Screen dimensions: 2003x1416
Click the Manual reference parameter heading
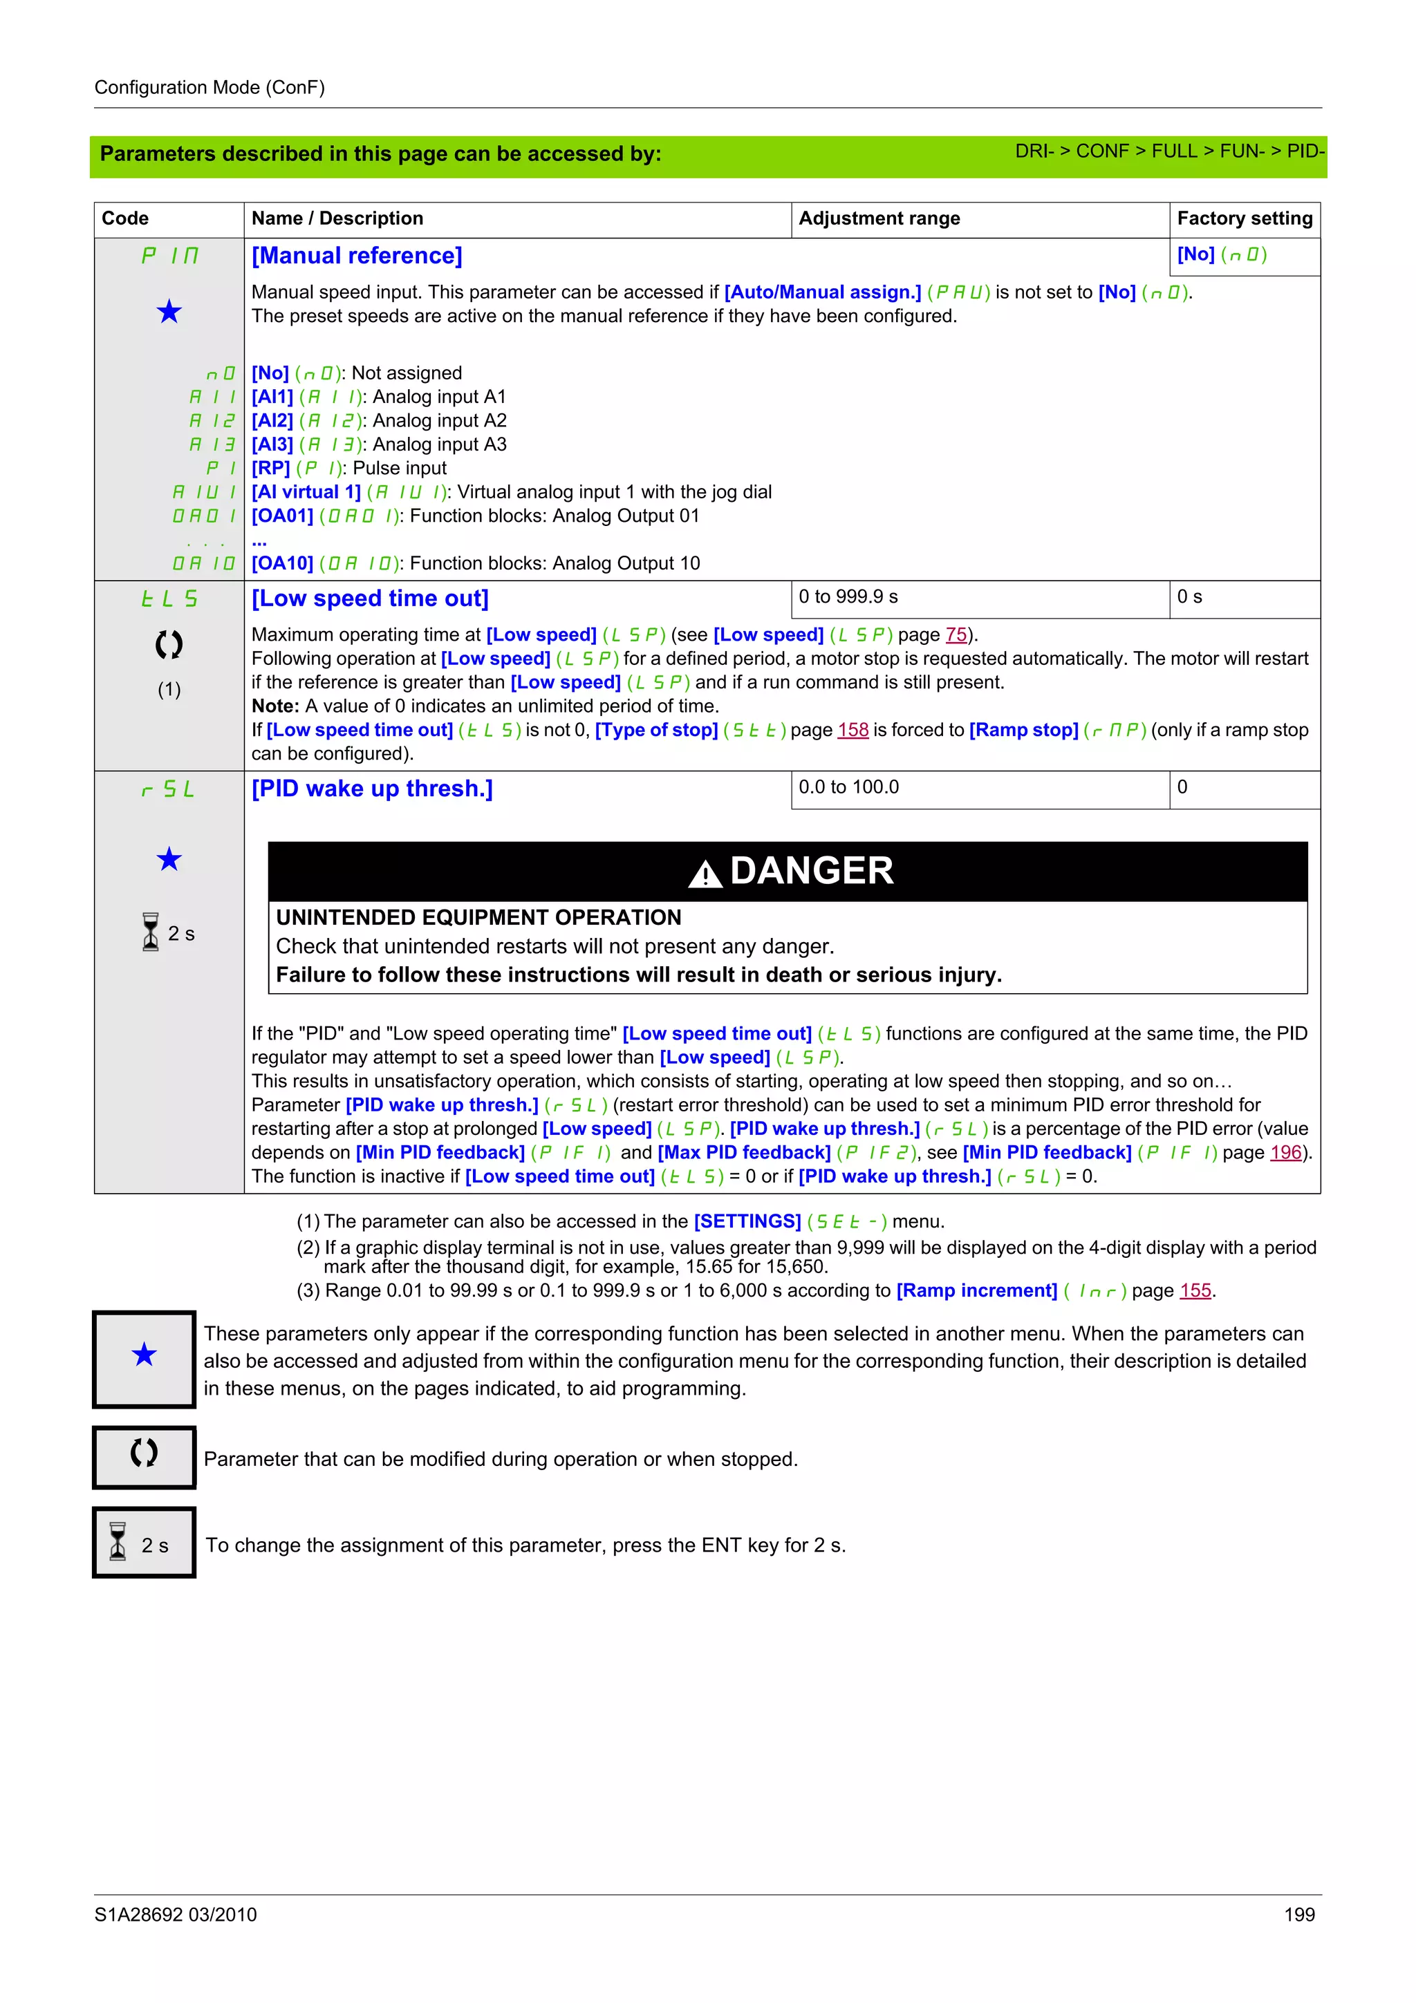[357, 256]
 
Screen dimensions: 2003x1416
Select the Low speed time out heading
[370, 599]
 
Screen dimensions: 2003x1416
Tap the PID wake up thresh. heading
[372, 789]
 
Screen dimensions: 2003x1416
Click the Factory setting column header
[1244, 218]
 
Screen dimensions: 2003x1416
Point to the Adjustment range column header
[879, 218]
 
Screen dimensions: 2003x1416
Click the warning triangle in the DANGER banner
[705, 873]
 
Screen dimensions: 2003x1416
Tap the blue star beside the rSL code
[169, 859]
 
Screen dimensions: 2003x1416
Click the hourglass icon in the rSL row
[151, 932]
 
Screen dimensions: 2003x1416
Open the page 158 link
[853, 730]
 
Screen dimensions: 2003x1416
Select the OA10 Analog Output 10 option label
[282, 563]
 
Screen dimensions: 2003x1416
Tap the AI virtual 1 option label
[306, 492]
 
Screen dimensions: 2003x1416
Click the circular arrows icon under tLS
[169, 645]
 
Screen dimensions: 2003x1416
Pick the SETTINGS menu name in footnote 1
[747, 1221]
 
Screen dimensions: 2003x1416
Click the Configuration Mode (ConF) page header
[209, 87]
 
